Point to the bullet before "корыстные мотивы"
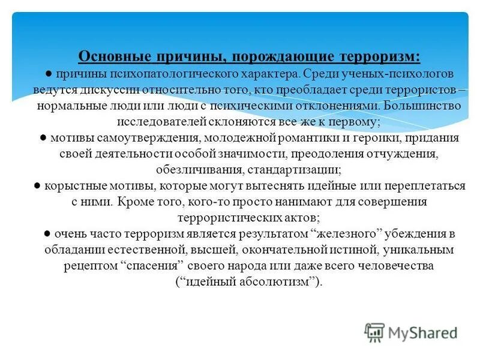(37, 187)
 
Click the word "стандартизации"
(283, 169)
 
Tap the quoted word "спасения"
(155, 265)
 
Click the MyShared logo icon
(375, 332)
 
